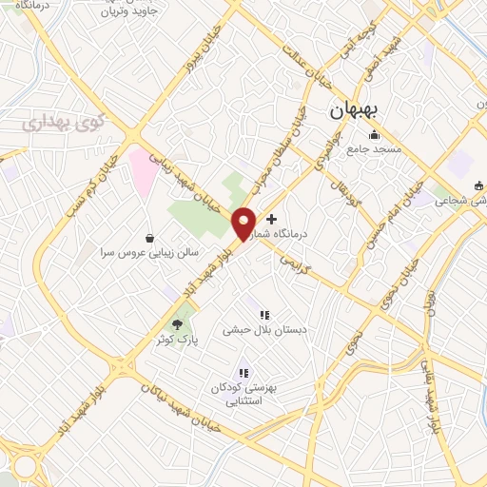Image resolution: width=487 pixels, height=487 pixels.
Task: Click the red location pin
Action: tap(243, 222)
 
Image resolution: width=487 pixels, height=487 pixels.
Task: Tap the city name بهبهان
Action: tap(355, 111)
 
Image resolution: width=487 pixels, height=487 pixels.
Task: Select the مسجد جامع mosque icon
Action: tap(375, 134)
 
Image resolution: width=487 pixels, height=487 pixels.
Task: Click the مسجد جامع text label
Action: tap(375, 149)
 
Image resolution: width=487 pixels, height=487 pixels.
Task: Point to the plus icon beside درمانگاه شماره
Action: tap(272, 219)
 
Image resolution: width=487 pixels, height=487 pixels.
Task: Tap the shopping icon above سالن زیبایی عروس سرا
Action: tap(149, 238)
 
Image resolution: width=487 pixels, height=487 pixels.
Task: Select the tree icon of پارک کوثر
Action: tap(177, 323)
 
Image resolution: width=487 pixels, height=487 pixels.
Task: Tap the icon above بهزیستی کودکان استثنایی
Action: tap(243, 374)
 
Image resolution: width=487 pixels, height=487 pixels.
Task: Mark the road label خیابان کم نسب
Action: tap(103, 181)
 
